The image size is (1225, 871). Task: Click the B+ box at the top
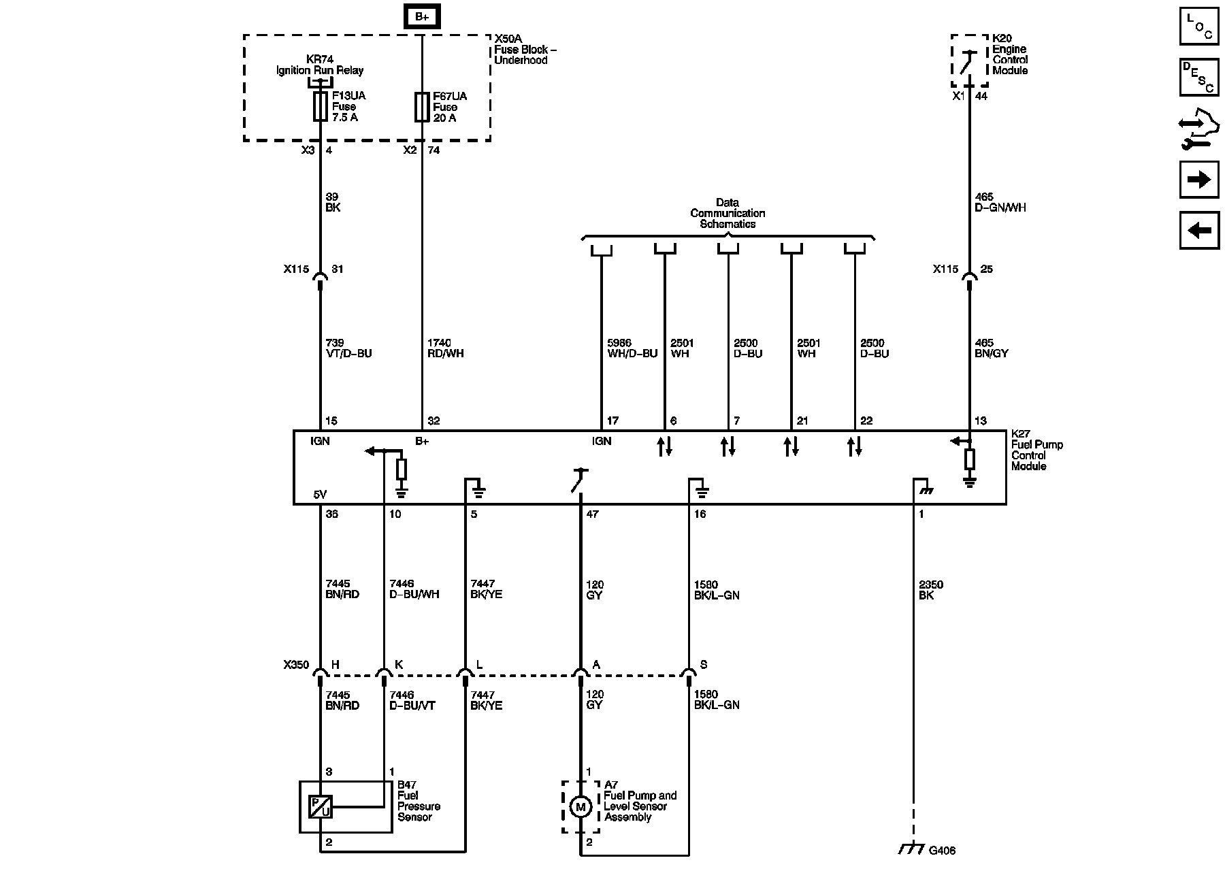(x=422, y=16)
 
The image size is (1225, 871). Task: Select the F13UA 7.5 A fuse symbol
(x=320, y=107)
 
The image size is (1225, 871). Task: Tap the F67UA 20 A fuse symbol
(x=422, y=107)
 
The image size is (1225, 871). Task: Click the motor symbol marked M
(x=581, y=807)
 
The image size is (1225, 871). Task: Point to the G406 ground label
(x=942, y=851)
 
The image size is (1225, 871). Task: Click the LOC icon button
(x=1198, y=26)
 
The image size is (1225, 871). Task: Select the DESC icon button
(x=1198, y=77)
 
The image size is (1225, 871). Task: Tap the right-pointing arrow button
(x=1198, y=180)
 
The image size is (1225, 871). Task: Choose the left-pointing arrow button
(x=1198, y=231)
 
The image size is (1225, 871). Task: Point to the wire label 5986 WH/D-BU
(x=632, y=348)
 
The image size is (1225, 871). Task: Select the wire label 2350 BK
(x=930, y=590)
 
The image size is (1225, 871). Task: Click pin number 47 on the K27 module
(x=592, y=514)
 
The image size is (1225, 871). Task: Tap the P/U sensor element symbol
(x=320, y=807)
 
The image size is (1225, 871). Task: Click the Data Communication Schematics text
(x=728, y=213)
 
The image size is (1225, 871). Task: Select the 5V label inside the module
(x=321, y=495)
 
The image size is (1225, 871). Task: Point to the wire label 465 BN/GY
(x=991, y=348)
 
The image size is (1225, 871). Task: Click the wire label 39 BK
(x=333, y=202)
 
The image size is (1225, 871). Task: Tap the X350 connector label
(x=296, y=665)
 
